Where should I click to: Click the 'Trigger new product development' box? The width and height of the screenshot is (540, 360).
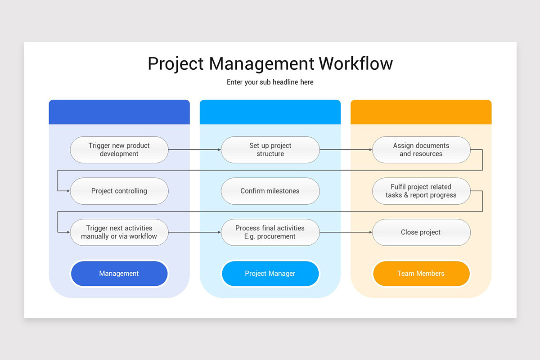point(119,150)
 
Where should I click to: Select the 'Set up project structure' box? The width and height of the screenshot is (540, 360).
point(270,150)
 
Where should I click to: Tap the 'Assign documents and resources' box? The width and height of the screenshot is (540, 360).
point(421,150)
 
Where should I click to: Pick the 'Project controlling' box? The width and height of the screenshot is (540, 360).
point(119,191)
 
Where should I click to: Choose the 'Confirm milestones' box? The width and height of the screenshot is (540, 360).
point(270,191)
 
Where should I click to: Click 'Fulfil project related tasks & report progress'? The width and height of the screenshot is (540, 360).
point(421,191)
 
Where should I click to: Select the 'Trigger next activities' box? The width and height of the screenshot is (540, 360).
point(119,232)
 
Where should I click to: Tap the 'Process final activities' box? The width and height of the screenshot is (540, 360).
point(270,232)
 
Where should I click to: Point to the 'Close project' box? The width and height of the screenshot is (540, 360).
point(421,232)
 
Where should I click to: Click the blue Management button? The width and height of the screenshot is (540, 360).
point(119,274)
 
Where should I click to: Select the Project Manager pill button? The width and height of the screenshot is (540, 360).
point(270,274)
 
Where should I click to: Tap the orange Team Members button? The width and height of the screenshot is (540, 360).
point(421,274)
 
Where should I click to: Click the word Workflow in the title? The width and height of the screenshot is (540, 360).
point(356,63)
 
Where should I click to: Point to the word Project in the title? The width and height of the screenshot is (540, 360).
point(176,64)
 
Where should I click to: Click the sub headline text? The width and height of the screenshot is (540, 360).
point(270,82)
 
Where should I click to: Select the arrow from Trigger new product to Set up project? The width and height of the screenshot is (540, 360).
point(194,150)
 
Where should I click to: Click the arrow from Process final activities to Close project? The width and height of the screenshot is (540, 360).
point(346,232)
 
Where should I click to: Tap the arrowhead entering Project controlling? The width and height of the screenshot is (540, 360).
point(68,191)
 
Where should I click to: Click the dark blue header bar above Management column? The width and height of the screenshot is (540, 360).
point(119,112)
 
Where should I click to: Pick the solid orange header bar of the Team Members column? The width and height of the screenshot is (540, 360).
point(421,112)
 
